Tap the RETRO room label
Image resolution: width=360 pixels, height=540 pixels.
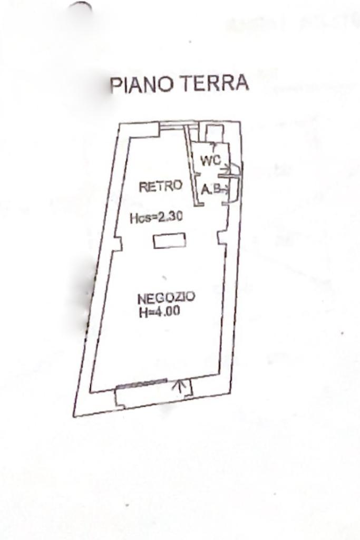pos(160,186)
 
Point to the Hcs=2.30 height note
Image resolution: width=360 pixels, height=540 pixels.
pos(156,217)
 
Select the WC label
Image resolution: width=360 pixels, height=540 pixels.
pos(210,161)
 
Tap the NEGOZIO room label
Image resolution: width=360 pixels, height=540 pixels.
pos(166,297)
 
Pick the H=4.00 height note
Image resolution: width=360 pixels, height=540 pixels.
pos(159,311)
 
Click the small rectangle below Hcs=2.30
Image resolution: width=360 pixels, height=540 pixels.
pos(169,241)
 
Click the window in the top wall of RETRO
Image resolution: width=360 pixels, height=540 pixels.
pos(173,126)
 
